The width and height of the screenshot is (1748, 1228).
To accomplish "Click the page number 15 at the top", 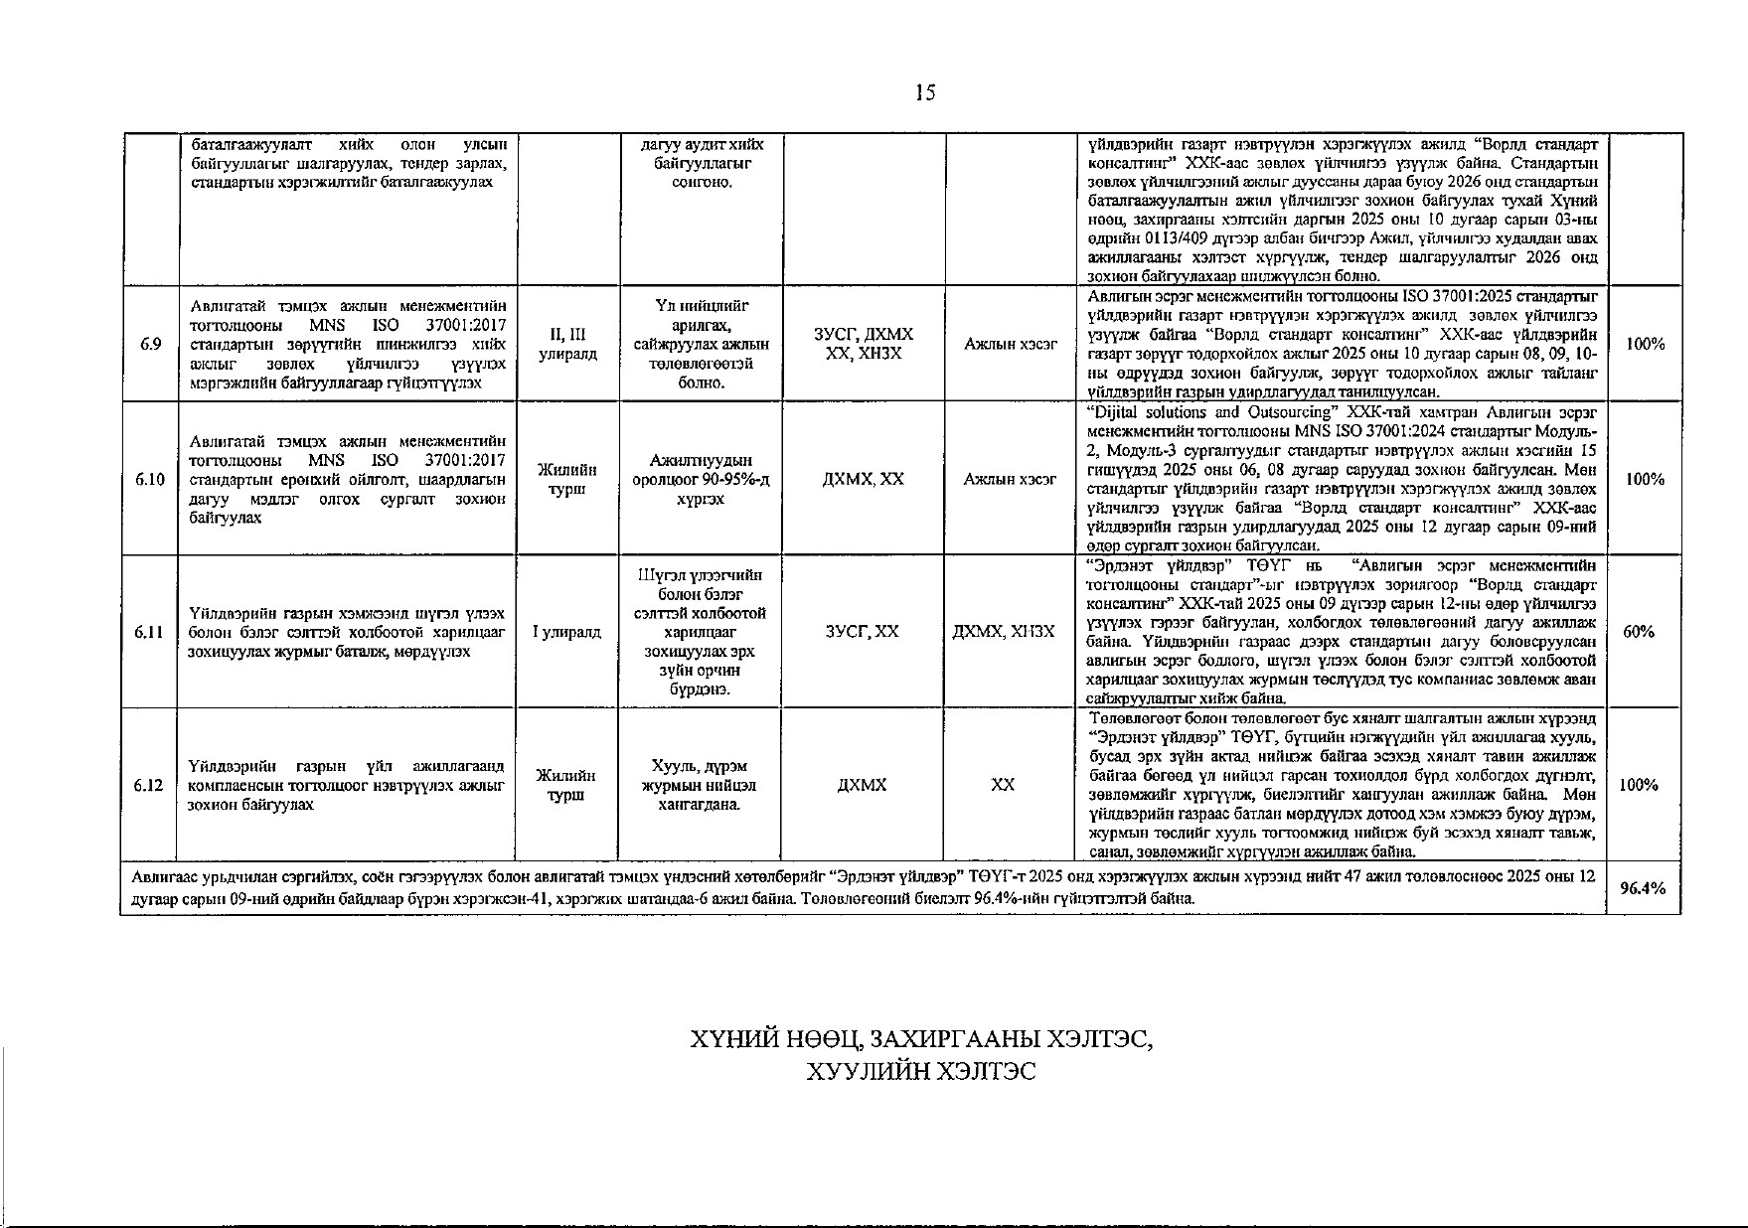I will click(x=925, y=93).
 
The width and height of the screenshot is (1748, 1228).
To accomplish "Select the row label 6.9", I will click(x=150, y=344).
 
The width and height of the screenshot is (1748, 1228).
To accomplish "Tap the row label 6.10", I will click(x=150, y=479).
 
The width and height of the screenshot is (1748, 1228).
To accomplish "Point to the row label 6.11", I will click(x=150, y=632).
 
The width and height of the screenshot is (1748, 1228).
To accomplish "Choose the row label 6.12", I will click(x=150, y=785).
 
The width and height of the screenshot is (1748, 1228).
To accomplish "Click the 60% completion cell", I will click(x=1644, y=632).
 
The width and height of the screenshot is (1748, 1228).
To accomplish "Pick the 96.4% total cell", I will click(x=1644, y=889).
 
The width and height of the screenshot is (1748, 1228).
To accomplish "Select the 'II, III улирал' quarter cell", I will click(x=567, y=344).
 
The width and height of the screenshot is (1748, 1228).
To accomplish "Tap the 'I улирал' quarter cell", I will click(x=567, y=632).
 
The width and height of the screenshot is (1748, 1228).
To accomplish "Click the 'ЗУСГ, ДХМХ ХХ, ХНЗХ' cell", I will click(x=862, y=344).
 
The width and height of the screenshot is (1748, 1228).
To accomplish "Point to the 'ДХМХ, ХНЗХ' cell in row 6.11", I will click(x=1009, y=632).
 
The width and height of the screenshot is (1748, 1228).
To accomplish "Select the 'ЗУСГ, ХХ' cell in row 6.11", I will click(x=862, y=632).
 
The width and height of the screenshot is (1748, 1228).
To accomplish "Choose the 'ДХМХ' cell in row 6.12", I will click(x=862, y=785).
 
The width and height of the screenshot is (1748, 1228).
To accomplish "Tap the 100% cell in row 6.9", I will click(x=1645, y=344).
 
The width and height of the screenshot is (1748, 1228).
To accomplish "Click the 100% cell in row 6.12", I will click(x=1645, y=785).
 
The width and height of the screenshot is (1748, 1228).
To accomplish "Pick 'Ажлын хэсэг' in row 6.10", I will click(x=1009, y=479).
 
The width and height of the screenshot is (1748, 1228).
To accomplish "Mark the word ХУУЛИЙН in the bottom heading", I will click(x=864, y=1072).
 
